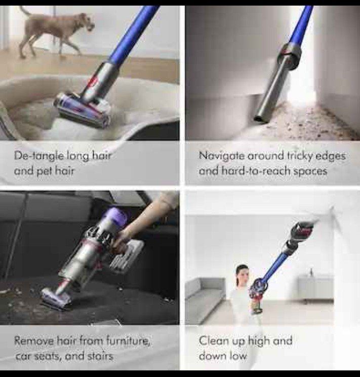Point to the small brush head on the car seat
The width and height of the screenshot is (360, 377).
55,297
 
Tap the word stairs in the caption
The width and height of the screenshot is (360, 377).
100,356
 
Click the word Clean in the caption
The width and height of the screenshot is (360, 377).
213,341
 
